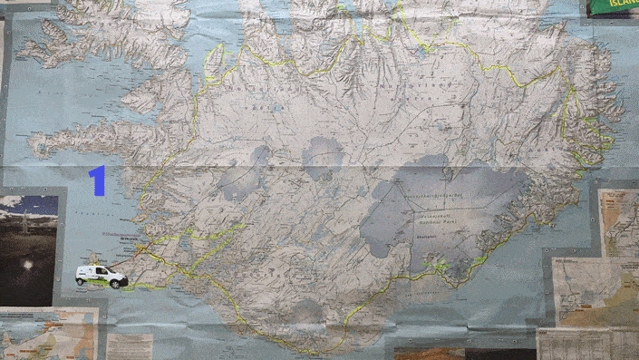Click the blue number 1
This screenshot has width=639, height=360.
tap(97, 180)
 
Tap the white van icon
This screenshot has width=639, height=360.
tap(101, 276)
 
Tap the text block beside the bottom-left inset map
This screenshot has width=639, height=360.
tap(131, 345)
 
